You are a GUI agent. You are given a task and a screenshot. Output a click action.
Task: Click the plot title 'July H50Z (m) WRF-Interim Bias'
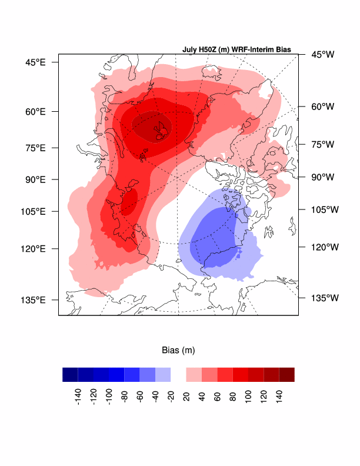236,50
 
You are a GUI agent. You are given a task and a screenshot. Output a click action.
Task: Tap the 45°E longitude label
35,62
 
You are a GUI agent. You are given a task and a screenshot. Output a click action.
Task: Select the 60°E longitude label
35,111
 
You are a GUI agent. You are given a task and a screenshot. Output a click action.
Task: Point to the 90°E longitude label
35,179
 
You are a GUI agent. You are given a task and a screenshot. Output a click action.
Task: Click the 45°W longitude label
322,55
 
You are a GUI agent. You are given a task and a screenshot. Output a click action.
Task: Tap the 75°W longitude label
322,144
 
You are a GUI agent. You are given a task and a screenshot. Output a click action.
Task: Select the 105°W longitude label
322,209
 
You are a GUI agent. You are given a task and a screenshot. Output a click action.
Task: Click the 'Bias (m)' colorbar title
178,350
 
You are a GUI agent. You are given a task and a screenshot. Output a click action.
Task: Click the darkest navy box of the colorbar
70,374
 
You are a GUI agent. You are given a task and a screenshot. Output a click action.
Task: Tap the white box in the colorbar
178,374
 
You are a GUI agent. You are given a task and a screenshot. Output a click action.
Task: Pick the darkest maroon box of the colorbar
286,374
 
